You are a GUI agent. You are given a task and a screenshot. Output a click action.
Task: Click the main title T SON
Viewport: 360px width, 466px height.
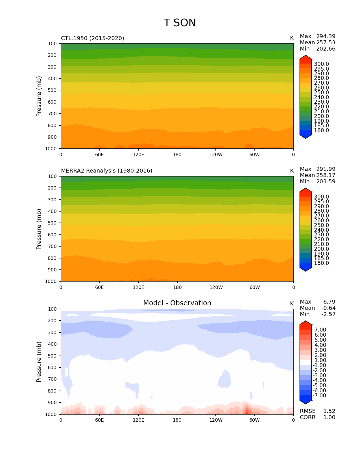180,23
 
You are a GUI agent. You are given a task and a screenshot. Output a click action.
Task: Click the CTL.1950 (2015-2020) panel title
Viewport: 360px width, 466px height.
93,38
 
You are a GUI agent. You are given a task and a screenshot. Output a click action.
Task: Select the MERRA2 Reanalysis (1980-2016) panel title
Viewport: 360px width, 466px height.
107,171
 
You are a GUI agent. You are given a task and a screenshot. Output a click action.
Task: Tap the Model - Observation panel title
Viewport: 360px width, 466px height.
177,303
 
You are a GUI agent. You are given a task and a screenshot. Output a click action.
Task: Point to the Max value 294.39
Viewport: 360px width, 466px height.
326,36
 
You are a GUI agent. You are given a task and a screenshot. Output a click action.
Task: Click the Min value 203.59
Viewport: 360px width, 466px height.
326,182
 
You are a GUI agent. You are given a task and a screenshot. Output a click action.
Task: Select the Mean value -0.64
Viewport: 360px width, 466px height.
328,308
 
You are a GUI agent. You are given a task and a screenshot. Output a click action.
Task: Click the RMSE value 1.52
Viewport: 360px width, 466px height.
329,411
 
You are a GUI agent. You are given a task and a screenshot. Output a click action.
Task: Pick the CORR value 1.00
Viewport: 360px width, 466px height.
329,417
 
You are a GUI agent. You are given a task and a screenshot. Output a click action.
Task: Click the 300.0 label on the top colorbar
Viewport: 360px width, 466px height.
321,64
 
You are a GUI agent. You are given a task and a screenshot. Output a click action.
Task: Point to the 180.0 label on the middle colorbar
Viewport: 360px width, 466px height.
321,263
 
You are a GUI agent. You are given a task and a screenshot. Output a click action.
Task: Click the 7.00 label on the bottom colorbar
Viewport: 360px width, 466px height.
320,330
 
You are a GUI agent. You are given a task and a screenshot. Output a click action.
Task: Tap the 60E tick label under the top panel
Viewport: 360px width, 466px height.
99,155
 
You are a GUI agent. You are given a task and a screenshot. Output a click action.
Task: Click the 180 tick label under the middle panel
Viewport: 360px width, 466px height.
177,288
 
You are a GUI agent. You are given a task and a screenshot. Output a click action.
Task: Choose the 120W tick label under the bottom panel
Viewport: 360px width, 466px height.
216,420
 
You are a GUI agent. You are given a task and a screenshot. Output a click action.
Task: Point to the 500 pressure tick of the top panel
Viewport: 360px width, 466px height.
53,90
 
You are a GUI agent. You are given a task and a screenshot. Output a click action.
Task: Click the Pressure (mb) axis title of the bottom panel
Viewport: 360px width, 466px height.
39,362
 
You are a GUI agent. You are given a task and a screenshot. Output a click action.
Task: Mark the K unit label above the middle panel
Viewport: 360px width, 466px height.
292,171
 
